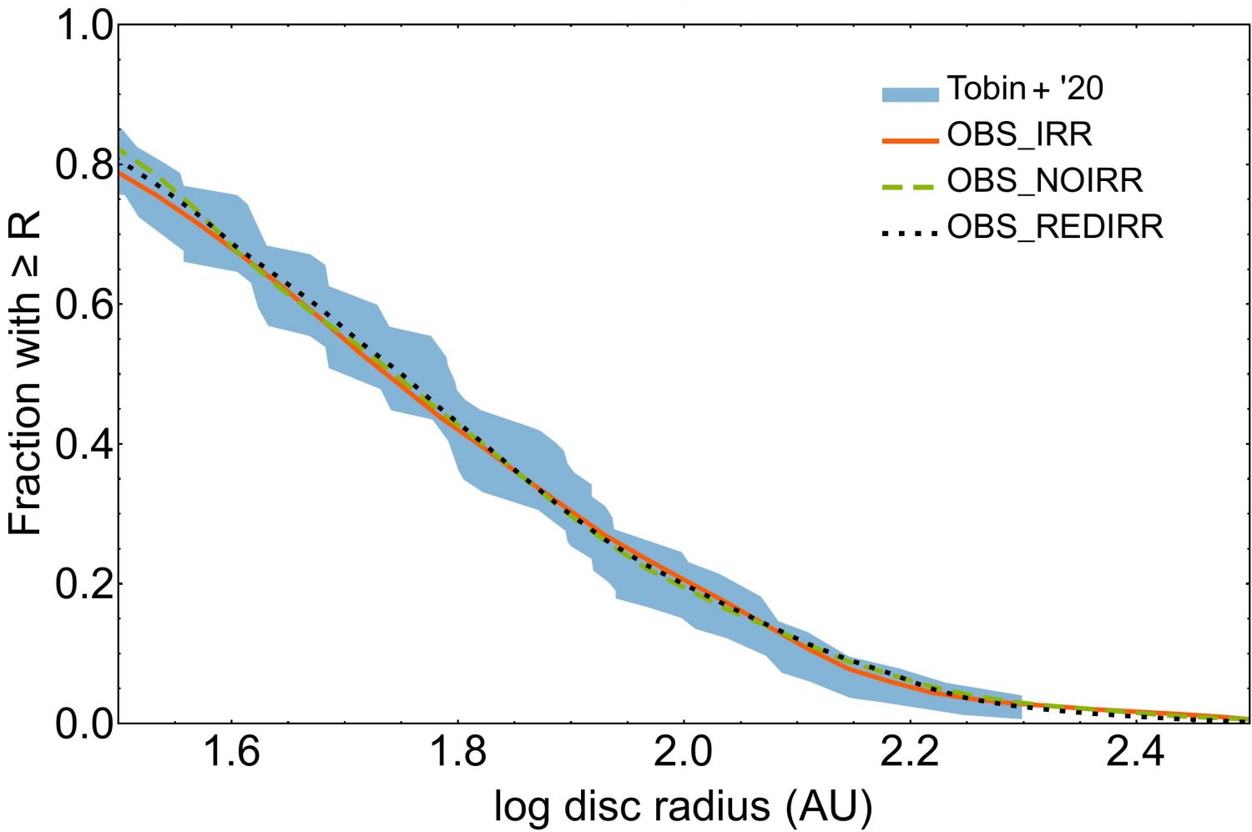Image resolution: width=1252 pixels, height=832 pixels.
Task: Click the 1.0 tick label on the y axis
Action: [83, 26]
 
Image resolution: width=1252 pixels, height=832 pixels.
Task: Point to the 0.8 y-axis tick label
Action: [83, 165]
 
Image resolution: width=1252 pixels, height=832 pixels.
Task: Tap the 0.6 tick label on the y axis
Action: [83, 305]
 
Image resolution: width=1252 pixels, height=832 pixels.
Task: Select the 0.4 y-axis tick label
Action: [83, 444]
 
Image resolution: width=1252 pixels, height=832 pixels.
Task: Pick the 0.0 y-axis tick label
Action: [83, 724]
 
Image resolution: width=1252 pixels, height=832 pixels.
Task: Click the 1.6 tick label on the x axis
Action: [231, 754]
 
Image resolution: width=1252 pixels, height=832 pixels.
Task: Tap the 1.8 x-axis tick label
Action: [457, 754]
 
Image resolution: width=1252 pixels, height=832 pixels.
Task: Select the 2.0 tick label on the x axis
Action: [684, 754]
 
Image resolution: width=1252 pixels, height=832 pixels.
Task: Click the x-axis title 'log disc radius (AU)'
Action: [683, 806]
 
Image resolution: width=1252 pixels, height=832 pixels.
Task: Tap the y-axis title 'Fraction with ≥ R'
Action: [27, 373]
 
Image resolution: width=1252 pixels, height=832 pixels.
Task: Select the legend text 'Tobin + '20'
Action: [1025, 88]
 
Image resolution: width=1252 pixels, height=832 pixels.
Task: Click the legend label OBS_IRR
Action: [1019, 134]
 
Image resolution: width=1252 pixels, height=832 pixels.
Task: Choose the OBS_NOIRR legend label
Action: [1044, 180]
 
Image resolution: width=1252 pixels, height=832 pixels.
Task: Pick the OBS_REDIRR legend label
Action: [1055, 227]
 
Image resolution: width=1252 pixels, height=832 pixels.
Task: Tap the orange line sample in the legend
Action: [911, 141]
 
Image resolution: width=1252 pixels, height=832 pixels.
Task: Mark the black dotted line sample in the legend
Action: [911, 234]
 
